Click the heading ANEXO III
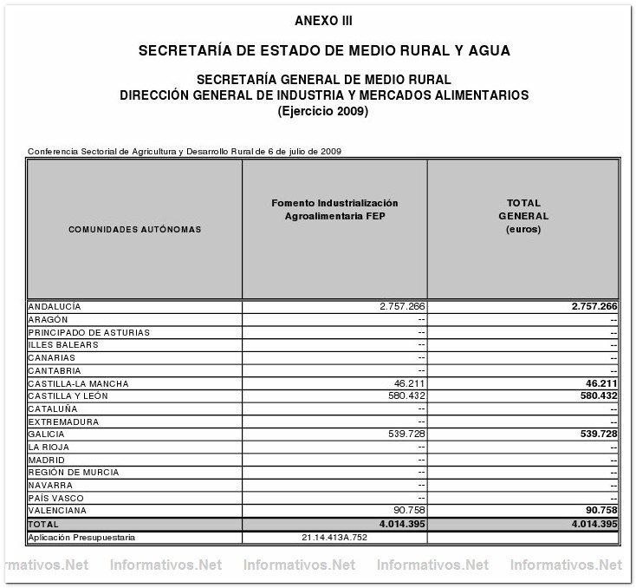pos(323,20)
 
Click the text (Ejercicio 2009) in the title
pos(323,111)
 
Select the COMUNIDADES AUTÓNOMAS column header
pos(135,230)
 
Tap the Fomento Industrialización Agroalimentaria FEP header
pos(334,209)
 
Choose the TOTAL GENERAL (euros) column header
pos(524,216)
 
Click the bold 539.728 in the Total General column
pos(592,434)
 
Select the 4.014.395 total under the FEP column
pos(396,524)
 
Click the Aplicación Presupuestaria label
pos(80,538)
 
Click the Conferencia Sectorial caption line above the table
pos(185,151)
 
